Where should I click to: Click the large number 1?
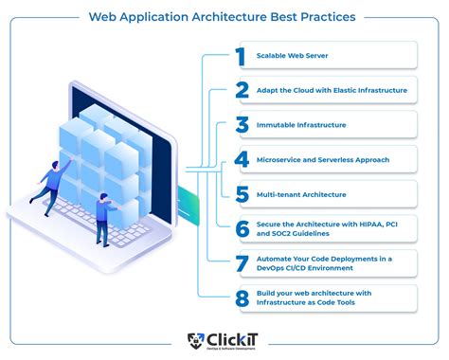pyautogui.click(x=242, y=56)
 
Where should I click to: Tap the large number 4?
pyautogui.click(x=242, y=159)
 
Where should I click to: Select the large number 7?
pyautogui.click(x=242, y=261)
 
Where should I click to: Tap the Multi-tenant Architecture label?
pyautogui.click(x=301, y=194)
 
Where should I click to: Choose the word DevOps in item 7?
pyautogui.click(x=272, y=266)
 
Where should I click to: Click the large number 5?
pyautogui.click(x=242, y=194)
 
